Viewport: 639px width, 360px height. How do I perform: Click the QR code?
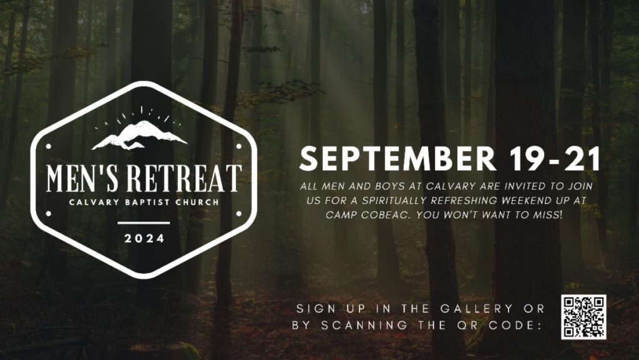[x=583, y=317]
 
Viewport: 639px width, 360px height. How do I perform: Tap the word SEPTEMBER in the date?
[x=398, y=158]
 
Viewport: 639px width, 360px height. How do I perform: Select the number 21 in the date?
[x=582, y=158]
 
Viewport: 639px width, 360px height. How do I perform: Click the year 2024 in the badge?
[x=144, y=238]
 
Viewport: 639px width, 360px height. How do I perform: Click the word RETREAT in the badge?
[x=184, y=178]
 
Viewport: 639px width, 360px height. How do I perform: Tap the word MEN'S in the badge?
[x=83, y=178]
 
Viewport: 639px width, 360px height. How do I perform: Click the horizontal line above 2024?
[x=144, y=223]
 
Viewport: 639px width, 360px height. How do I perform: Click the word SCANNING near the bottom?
[x=364, y=326]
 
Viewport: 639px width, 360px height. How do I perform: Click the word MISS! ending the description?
[x=548, y=215]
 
